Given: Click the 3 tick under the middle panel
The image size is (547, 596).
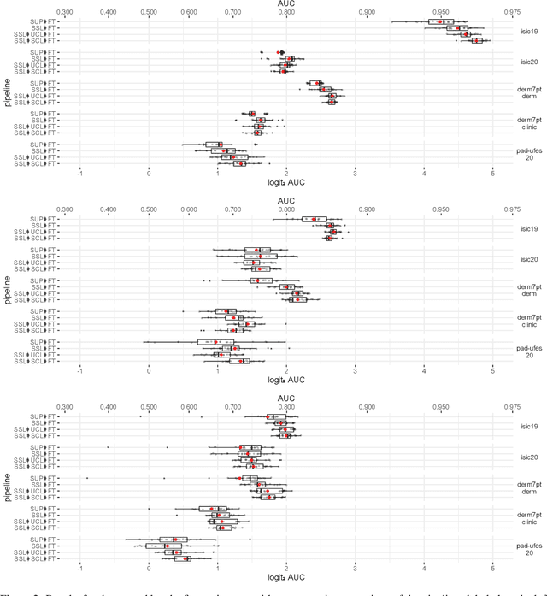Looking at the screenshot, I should [x=356, y=371].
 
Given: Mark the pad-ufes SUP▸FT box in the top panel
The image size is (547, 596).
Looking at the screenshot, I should [x=214, y=145].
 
